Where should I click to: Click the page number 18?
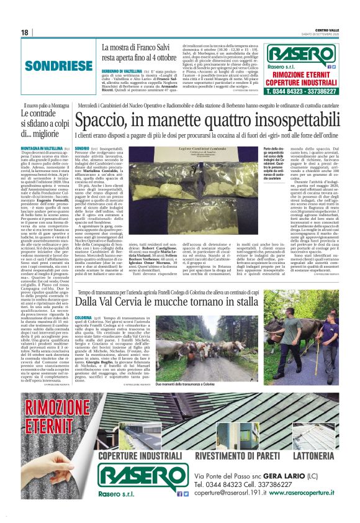pyautogui.click(x=25, y=32)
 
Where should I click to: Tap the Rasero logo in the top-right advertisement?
pyautogui.click(x=302, y=53)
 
